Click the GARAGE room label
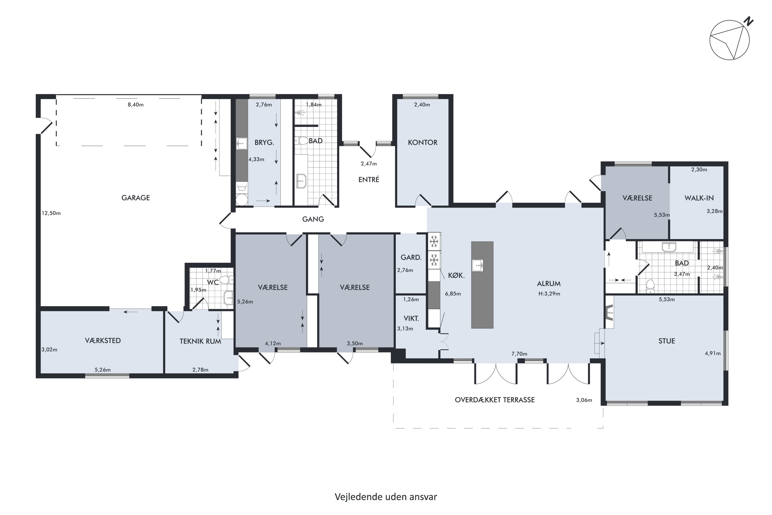point(136,198)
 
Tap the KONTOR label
point(423,143)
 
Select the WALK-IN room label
point(699,198)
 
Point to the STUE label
point(667,341)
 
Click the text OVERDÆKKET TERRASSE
point(495,400)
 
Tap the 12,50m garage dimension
point(51,213)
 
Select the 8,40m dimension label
point(136,105)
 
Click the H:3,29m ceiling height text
point(549,294)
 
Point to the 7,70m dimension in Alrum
point(519,354)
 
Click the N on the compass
point(748,21)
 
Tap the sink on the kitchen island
point(478,265)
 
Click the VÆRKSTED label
point(103,341)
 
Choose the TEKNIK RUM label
point(200,341)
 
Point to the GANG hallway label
point(313,219)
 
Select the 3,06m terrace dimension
point(584,400)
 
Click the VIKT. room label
point(411,318)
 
